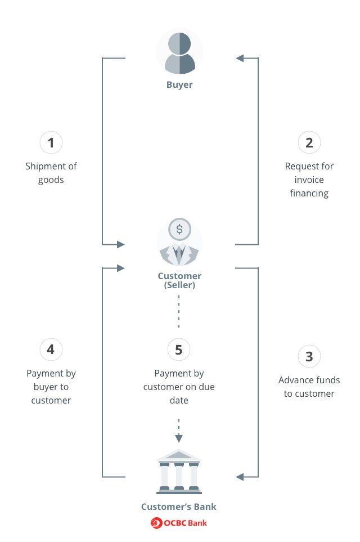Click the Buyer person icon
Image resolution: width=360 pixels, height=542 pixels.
point(179,53)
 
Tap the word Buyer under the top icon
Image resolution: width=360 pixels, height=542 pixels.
point(179,84)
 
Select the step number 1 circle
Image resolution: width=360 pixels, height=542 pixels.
point(51,142)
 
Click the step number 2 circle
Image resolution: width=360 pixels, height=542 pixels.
point(309,142)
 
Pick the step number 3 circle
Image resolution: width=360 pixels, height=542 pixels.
point(309,356)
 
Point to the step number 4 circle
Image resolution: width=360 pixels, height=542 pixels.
point(51,350)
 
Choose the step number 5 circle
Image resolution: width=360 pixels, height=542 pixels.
point(179,350)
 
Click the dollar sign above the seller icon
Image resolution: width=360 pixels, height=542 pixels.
point(179,229)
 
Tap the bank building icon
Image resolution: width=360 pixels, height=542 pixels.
point(179,471)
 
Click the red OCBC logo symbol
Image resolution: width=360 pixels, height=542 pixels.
point(156,523)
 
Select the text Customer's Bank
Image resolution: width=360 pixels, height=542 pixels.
point(179,507)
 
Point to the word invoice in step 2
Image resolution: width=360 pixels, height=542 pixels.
point(309,180)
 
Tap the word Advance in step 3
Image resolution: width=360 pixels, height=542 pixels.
point(292,380)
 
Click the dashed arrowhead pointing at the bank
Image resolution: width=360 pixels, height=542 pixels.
point(179,438)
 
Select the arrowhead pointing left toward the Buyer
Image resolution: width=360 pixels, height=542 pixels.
point(240,58)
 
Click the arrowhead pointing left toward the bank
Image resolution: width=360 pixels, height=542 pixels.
point(240,477)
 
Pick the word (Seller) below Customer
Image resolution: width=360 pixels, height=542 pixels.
point(179,285)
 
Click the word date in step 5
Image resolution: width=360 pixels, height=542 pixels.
point(179,400)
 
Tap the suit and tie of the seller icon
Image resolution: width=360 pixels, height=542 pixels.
point(179,254)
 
